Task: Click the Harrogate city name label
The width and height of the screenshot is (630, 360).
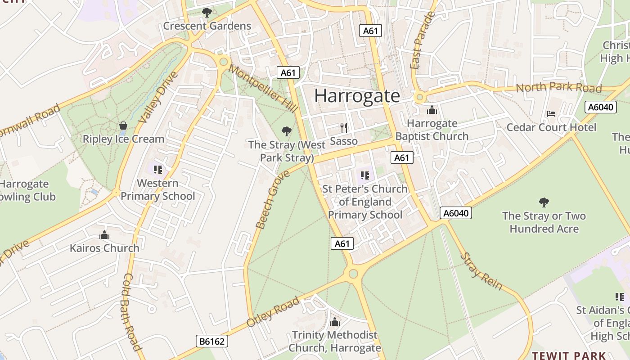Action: coord(357,96)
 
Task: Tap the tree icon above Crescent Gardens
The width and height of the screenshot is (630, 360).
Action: coord(207,12)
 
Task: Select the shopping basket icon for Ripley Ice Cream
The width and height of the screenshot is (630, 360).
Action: coord(123,126)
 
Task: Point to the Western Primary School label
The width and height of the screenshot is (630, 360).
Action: coord(157,189)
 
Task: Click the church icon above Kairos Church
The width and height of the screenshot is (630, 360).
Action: coord(104,235)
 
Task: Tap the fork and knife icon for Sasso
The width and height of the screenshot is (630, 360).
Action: coord(344,128)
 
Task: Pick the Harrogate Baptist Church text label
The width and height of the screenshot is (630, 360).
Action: coord(432,130)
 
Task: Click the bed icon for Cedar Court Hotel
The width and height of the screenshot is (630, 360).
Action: coord(551,114)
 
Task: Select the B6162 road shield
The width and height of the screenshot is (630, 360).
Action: coord(212,342)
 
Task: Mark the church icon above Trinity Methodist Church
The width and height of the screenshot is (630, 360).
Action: coord(335,322)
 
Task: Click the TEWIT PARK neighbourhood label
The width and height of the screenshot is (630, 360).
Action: coord(569,355)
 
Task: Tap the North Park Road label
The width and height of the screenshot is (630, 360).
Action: coord(558,87)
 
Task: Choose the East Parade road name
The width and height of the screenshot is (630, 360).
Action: coord(422,41)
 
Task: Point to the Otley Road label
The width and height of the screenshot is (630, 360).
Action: coord(273,312)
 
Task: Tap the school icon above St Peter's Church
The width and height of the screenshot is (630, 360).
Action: coord(365,175)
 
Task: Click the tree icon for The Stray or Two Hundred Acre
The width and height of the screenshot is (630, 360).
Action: coord(544,202)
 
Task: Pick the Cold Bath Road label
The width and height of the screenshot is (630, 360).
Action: coord(132,311)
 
